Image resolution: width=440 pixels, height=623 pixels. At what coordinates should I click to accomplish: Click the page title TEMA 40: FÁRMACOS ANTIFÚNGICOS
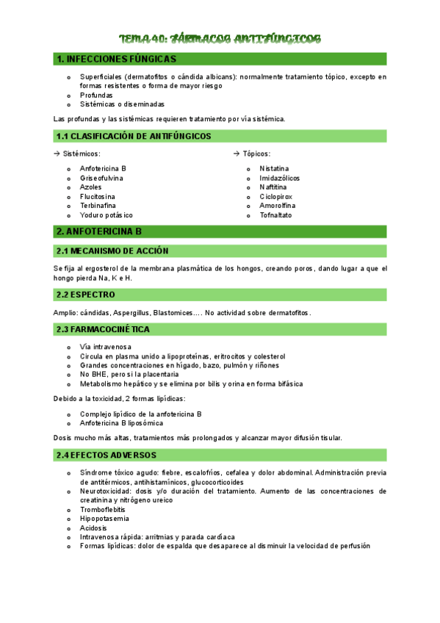[x=220, y=38]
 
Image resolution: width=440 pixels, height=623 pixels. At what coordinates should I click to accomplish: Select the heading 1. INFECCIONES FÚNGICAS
[x=116, y=59]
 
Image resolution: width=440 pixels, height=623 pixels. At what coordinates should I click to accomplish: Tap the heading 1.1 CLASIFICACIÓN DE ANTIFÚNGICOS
[x=134, y=136]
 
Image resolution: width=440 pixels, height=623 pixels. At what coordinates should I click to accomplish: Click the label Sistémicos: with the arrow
[x=77, y=154]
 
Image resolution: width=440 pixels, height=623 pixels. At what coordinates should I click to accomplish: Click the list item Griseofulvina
[x=101, y=178]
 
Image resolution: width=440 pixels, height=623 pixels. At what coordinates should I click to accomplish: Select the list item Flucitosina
[x=98, y=197]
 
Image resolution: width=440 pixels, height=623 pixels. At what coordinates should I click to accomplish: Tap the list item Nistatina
[x=274, y=168]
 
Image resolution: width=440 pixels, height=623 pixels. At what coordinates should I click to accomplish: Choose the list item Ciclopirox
[x=275, y=197]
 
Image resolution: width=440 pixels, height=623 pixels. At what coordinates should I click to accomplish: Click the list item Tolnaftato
[x=275, y=215]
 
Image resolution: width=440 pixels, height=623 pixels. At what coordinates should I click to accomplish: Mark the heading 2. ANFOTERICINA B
[x=99, y=231]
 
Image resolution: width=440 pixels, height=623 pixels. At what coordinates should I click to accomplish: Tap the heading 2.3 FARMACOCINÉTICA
[x=103, y=328]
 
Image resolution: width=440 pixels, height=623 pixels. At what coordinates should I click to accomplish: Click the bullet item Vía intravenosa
[x=106, y=346]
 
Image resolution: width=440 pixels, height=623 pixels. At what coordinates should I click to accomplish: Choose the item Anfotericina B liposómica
[x=121, y=423]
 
